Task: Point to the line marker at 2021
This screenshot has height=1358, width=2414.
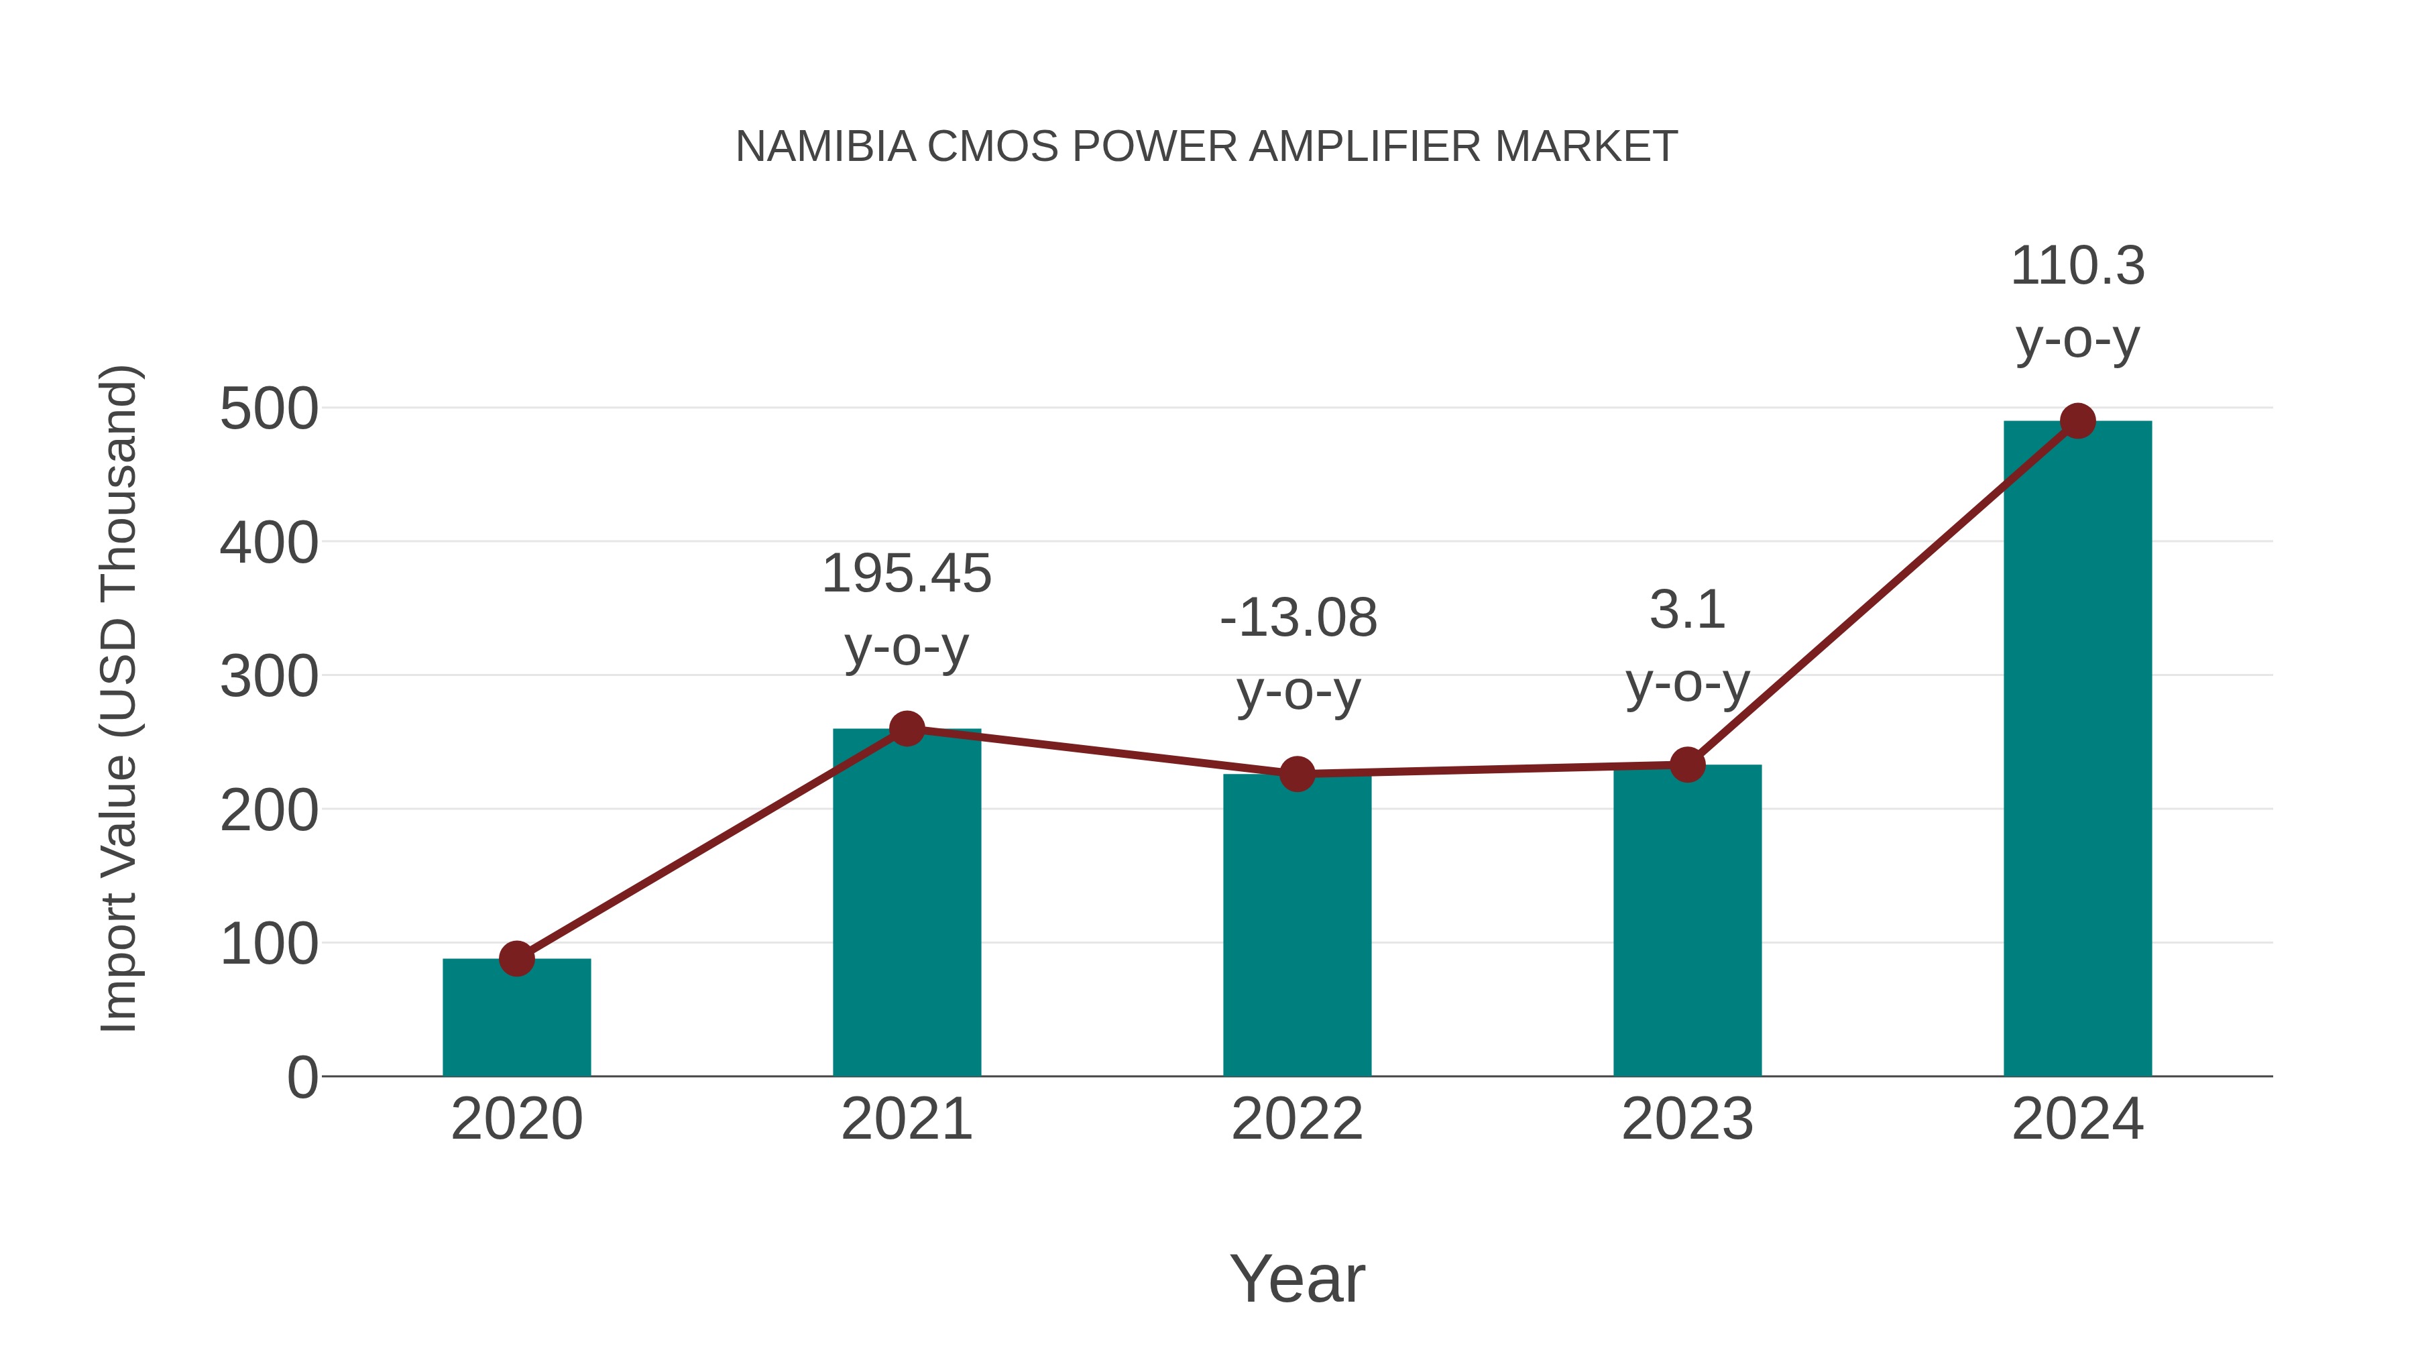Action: (906, 728)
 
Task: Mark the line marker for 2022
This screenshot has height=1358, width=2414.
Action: (1297, 774)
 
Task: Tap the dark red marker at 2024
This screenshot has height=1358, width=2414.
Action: (2077, 420)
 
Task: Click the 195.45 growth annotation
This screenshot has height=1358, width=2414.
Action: (906, 573)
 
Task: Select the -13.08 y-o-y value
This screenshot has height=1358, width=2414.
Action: (1298, 618)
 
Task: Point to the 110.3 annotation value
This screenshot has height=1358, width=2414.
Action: (2077, 266)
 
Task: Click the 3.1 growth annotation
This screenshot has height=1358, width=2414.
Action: (1687, 610)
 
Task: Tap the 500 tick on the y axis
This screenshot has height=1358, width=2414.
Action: (269, 410)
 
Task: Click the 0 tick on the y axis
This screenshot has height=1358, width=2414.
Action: (302, 1078)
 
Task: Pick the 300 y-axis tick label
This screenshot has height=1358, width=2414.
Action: (269, 677)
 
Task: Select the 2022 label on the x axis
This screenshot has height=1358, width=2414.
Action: (1297, 1119)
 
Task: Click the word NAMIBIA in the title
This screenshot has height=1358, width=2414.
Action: (825, 147)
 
